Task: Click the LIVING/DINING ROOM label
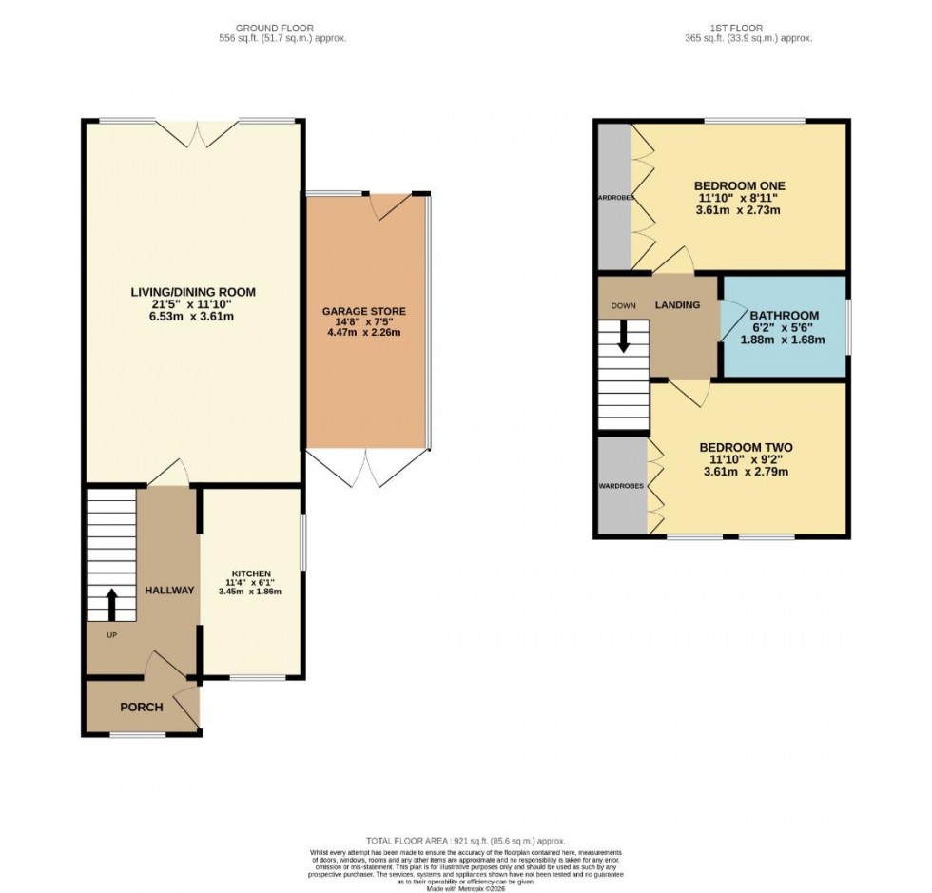point(194,292)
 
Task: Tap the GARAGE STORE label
point(363,311)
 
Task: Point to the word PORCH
point(141,707)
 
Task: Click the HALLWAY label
point(169,590)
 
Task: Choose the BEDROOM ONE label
point(739,184)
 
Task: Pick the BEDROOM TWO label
point(746,447)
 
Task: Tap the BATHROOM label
point(784,316)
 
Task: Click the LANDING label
point(677,305)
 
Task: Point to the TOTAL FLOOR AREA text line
point(465,841)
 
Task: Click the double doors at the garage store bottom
point(366,467)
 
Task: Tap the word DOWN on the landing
point(623,305)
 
